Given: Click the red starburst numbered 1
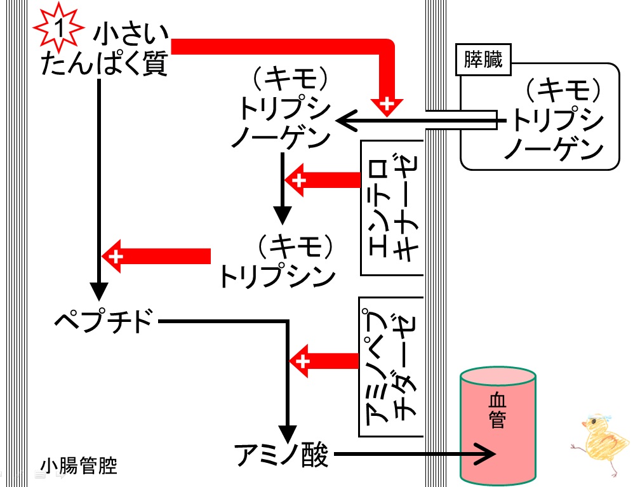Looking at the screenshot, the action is point(58,28).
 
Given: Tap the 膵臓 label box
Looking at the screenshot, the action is point(483,60).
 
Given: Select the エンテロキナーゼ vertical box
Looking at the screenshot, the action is point(392,208).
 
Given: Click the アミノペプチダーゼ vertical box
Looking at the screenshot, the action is point(391,367).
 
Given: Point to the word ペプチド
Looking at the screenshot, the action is point(104,321).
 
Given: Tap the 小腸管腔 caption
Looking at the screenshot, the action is point(79,466).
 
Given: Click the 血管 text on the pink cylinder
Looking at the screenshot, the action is point(497,410).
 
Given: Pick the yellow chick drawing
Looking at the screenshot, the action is point(601,442).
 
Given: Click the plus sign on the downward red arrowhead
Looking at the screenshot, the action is point(387,103).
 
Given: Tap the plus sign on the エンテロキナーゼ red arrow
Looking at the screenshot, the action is point(299,180).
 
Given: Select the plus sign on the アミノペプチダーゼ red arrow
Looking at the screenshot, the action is point(303,361).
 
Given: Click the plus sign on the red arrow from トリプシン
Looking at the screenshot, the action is point(116,257).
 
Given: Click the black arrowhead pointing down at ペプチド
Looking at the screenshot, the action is point(99,291).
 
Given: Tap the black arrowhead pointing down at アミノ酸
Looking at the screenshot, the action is point(288,434).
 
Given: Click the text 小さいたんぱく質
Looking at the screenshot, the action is point(104,50).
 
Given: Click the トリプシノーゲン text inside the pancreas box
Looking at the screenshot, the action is point(557,119).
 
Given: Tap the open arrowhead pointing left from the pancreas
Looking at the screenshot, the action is point(347,121).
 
